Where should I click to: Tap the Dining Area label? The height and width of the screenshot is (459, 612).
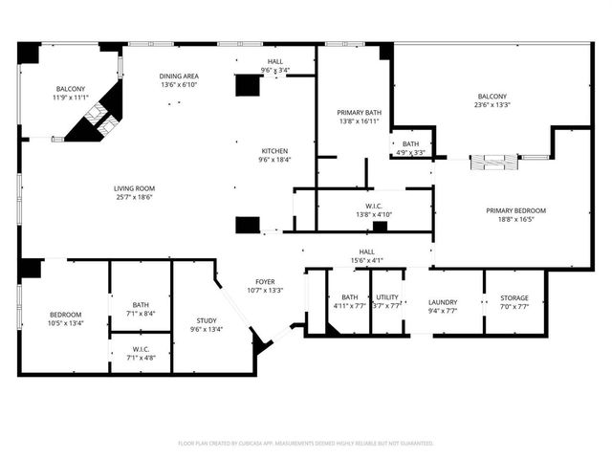(x=178, y=76)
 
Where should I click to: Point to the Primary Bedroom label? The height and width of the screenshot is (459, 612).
(x=515, y=210)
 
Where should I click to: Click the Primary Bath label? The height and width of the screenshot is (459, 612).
(x=353, y=112)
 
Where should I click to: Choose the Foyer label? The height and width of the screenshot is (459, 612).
(x=265, y=281)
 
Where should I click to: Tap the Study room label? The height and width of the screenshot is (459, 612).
(x=207, y=320)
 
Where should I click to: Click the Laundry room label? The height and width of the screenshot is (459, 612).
(x=443, y=301)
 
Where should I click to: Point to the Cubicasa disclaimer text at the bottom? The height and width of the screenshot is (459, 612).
(x=306, y=443)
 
